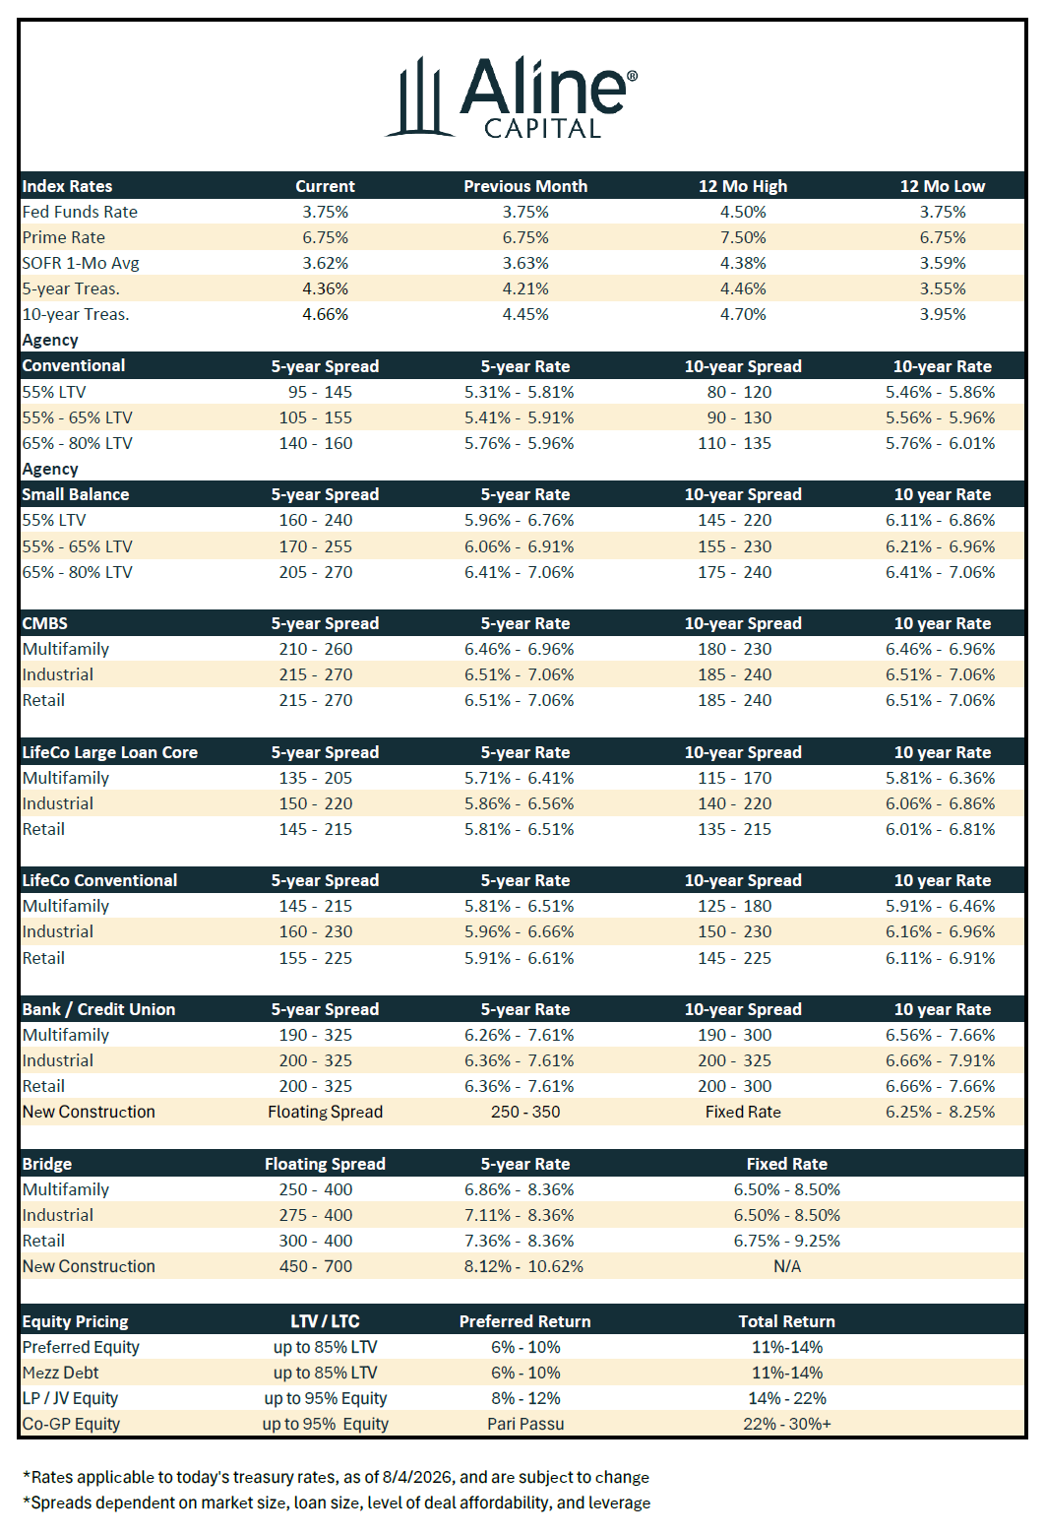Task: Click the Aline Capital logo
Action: click(x=512, y=97)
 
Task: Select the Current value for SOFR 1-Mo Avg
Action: click(x=325, y=263)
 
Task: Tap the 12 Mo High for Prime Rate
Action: click(x=743, y=237)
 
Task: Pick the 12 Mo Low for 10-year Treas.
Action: click(x=943, y=314)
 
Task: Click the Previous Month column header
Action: click(x=525, y=186)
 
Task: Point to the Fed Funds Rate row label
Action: click(x=80, y=212)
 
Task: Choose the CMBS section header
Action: click(x=45, y=623)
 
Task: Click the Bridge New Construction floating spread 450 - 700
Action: click(x=316, y=1266)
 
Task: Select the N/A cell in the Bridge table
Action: click(x=787, y=1266)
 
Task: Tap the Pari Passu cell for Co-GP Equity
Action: click(x=525, y=1424)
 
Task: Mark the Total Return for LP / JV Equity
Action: click(x=787, y=1398)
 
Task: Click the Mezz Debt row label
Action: click(x=60, y=1373)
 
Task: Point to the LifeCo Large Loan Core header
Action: click(x=109, y=752)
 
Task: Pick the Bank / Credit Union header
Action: click(x=98, y=1009)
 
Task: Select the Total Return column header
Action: click(x=787, y=1321)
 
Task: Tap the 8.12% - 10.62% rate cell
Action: click(x=523, y=1266)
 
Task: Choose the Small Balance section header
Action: click(x=76, y=494)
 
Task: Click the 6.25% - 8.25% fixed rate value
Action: click(x=941, y=1112)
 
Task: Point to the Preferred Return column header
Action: click(x=524, y=1321)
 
